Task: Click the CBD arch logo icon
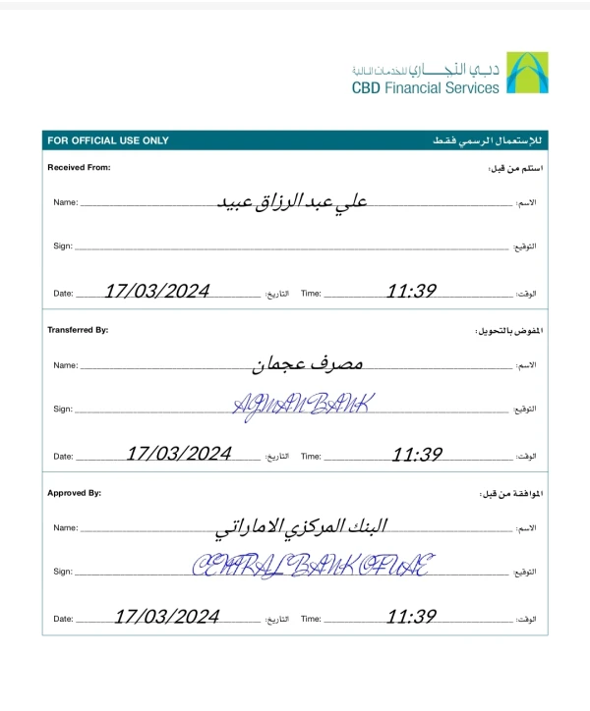(x=528, y=75)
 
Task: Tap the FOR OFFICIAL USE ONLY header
(x=108, y=140)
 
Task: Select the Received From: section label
(x=80, y=168)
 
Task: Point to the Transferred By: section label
(x=78, y=330)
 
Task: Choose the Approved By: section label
(x=74, y=493)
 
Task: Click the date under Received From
(x=157, y=292)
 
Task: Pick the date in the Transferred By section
(x=179, y=454)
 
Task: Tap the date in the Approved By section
(x=167, y=617)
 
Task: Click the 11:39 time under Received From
(x=411, y=292)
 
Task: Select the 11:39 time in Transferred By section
(x=417, y=454)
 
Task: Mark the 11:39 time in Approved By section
(x=411, y=617)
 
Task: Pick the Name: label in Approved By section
(x=65, y=527)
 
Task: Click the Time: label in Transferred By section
(x=311, y=456)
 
